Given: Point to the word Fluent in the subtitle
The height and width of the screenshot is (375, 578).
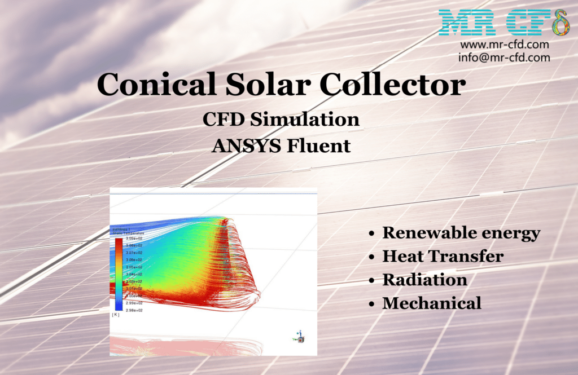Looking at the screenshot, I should [320, 145].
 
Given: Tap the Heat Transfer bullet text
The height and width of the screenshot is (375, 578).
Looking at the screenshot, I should [443, 257].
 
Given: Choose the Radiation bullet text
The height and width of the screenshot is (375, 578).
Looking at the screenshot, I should [424, 280].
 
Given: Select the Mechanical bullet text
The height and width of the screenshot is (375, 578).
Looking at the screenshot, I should [432, 303].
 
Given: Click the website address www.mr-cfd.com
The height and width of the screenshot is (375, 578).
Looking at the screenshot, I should [505, 45].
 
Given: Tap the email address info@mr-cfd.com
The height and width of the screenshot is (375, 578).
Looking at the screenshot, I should [505, 57].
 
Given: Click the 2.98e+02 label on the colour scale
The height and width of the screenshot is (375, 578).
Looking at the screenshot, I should [134, 310].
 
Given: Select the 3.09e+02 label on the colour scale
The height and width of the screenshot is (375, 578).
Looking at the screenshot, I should [134, 239].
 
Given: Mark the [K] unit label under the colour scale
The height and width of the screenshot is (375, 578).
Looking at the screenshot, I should [116, 315].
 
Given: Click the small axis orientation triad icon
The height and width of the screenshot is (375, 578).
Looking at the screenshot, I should [300, 338].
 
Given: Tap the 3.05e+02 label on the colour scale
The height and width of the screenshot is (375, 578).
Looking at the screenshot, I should [134, 267].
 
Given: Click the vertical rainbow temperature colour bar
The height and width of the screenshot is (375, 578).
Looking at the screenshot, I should [119, 274].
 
